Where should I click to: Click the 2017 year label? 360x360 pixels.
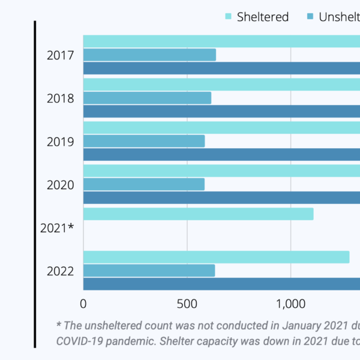[60, 55]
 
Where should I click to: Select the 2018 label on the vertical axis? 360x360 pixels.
[60, 98]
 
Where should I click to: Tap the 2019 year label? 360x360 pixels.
[60, 142]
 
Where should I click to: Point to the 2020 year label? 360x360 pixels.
[60, 185]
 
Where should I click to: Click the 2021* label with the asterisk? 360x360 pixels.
[57, 228]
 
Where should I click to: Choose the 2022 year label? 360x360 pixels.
[60, 271]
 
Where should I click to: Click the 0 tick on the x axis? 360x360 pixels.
[83, 304]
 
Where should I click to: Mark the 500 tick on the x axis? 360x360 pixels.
[187, 304]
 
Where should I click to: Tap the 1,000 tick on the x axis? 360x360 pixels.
[290, 304]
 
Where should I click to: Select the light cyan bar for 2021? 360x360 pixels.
[198, 214]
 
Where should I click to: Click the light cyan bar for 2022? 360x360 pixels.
[216, 257]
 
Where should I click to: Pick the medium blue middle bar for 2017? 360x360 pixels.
[149, 55]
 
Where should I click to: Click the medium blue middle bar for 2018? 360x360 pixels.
[147, 98]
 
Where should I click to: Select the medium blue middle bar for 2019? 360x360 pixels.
[144, 142]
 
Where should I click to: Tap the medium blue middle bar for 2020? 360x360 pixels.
[144, 185]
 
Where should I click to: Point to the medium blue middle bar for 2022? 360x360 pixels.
[149, 271]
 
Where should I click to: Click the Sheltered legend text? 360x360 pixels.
[263, 17]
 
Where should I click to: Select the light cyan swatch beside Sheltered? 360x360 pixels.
[228, 17]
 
